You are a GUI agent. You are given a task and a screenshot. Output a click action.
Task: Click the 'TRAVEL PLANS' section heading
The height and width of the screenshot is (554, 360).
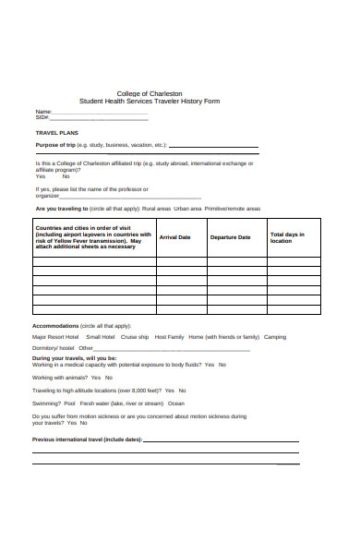pos(56,133)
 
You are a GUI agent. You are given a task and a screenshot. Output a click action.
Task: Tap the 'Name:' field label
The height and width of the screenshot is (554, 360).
pos(42,112)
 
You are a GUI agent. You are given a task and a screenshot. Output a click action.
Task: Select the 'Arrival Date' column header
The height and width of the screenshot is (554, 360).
pos(175,237)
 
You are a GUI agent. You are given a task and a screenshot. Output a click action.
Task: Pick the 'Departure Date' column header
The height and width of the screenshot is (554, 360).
pos(230,237)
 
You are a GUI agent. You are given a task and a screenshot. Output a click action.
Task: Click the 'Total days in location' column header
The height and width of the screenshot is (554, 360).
pos(286,237)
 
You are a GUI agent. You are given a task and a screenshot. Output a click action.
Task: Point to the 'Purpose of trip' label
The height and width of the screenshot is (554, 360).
pos(55,145)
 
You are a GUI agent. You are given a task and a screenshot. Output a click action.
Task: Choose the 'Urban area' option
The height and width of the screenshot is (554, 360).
pos(187,209)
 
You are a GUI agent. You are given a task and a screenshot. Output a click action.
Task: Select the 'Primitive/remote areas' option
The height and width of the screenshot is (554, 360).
pos(232,209)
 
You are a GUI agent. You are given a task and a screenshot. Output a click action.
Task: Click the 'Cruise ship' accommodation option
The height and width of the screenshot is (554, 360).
pos(135,337)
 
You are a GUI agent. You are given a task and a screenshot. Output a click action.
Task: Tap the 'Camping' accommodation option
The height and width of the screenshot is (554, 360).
pos(275,337)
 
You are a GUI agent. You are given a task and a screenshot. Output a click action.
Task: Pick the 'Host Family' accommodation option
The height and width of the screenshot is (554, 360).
pos(170,337)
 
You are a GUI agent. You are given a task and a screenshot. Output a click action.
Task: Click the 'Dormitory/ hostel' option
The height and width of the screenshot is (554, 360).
pos(53,348)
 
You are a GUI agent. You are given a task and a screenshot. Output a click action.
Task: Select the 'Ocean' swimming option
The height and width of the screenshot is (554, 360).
pos(176,403)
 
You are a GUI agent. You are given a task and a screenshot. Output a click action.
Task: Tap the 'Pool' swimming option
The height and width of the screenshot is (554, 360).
pos(70,403)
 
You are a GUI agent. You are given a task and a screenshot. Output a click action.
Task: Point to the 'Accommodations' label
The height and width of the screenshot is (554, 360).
pos(56,326)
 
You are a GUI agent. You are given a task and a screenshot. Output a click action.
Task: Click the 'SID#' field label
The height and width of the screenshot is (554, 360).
pos(42,117)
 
